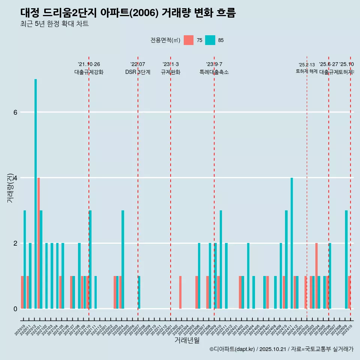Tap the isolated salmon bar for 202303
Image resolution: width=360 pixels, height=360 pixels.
[180, 292]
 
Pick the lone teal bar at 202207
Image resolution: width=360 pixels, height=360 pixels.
[139, 292]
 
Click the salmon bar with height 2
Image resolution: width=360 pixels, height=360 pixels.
[316, 276]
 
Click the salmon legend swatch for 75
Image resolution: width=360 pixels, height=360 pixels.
[189, 40]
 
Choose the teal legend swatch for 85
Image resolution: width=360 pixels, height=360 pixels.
[210, 40]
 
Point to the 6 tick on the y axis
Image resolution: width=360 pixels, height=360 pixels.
[15, 112]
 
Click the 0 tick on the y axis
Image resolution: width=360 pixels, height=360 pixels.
[15, 309]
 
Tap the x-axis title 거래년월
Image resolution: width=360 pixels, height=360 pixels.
[187, 340]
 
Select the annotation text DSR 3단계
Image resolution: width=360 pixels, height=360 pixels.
[138, 72]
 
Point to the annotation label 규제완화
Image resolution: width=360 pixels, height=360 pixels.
[171, 72]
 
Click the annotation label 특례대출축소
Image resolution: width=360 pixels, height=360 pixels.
[214, 72]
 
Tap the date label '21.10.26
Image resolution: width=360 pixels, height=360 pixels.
[89, 64]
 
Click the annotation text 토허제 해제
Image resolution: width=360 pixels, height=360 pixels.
[307, 71]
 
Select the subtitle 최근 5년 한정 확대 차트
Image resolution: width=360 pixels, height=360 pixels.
[54, 24]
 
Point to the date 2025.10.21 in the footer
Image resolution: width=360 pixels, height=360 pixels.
[273, 349]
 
